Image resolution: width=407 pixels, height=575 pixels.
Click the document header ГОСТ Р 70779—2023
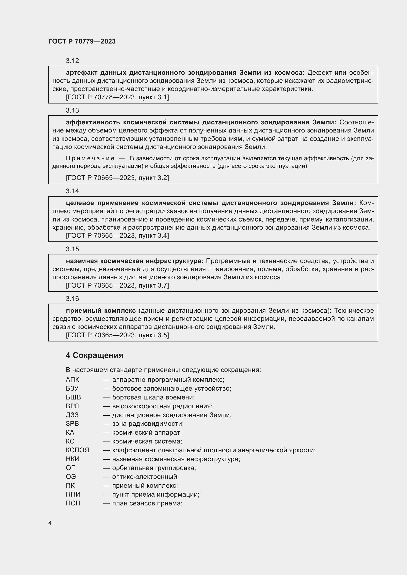click(x=82, y=41)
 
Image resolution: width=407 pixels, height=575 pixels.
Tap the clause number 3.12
click(x=72, y=61)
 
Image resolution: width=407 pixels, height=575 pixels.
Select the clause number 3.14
click(x=72, y=191)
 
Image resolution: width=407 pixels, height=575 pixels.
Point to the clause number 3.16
click(x=72, y=298)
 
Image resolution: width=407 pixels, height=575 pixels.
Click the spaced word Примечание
click(x=90, y=158)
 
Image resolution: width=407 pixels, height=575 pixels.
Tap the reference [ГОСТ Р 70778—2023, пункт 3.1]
click(x=117, y=97)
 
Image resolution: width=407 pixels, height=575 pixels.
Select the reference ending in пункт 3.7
click(x=117, y=285)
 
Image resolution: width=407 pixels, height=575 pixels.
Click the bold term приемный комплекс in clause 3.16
click(x=101, y=310)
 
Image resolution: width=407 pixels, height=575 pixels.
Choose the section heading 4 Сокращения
click(x=94, y=355)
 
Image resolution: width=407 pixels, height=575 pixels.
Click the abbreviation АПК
click(x=72, y=380)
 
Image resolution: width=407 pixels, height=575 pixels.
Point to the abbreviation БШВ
click(x=73, y=397)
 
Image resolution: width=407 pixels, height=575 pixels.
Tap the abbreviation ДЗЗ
click(x=72, y=415)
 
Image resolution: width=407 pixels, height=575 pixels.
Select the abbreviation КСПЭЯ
click(x=77, y=450)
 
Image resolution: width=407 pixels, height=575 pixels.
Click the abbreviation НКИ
click(x=73, y=459)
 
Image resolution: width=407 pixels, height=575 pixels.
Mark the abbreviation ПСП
click(x=73, y=503)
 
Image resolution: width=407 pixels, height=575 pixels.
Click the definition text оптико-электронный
click(x=145, y=477)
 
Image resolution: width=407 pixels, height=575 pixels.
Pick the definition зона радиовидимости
click(x=148, y=424)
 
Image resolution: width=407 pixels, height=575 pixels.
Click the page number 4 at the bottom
click(x=50, y=523)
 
